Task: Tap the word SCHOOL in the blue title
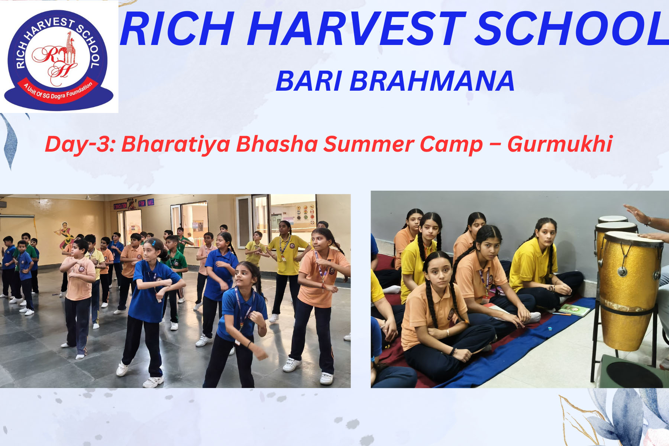point(572,29)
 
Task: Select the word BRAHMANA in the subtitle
point(432,81)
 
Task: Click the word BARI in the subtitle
point(309,81)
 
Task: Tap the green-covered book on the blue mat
point(574,310)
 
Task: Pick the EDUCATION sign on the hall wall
point(120,206)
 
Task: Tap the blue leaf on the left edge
point(10,141)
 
